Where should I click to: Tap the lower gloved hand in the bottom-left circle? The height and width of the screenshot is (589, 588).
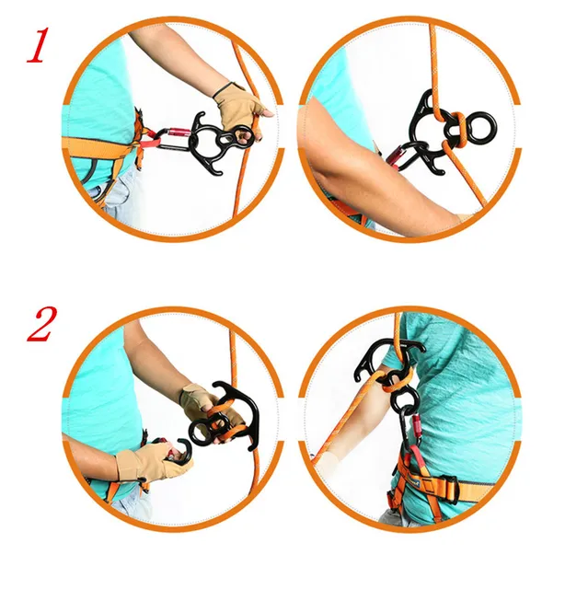(x=147, y=462)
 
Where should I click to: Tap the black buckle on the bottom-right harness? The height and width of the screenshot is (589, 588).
(x=429, y=483)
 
